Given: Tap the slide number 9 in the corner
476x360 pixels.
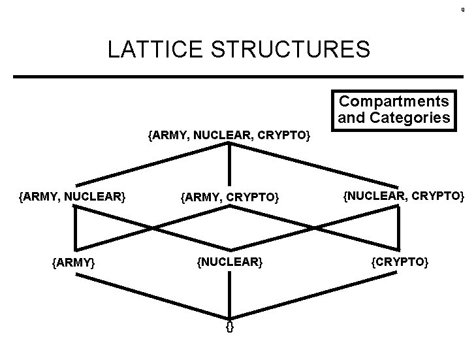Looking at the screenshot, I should pos(462,10).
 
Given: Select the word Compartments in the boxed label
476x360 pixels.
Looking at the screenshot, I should pos(394,102).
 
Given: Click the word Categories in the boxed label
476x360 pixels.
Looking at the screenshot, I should pos(409,118).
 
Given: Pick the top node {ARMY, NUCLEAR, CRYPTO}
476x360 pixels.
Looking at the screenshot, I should pos(229,136).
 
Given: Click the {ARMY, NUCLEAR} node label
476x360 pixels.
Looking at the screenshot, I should pos(72,195).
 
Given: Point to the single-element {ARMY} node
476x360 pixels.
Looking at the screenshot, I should pos(74,263).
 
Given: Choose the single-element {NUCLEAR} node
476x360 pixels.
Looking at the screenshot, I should pos(229,262).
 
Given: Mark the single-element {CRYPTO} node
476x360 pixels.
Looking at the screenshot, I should pos(400,262).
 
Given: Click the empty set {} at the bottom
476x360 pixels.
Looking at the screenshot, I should pos(229,325).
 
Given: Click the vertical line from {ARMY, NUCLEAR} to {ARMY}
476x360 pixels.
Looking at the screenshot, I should pos(75,228).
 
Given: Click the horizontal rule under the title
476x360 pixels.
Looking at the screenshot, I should pos(238,77).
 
